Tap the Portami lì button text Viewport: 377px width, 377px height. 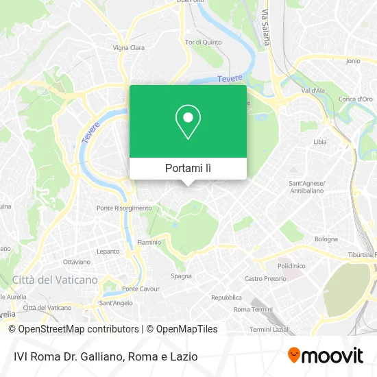188,169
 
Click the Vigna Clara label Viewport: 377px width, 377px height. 129,48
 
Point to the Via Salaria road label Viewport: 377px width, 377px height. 265,27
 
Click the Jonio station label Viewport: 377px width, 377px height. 353,61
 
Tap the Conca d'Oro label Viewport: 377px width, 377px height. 355,99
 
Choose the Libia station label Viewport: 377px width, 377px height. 320,141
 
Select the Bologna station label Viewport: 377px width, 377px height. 326,239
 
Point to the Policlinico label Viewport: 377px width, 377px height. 291,265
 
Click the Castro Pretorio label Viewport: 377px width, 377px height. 265,279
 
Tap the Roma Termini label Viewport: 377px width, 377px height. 250,309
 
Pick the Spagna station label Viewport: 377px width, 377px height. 181,276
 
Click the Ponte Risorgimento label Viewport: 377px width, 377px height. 124,208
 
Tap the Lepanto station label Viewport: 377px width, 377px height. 108,252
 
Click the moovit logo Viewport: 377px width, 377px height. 325,356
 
